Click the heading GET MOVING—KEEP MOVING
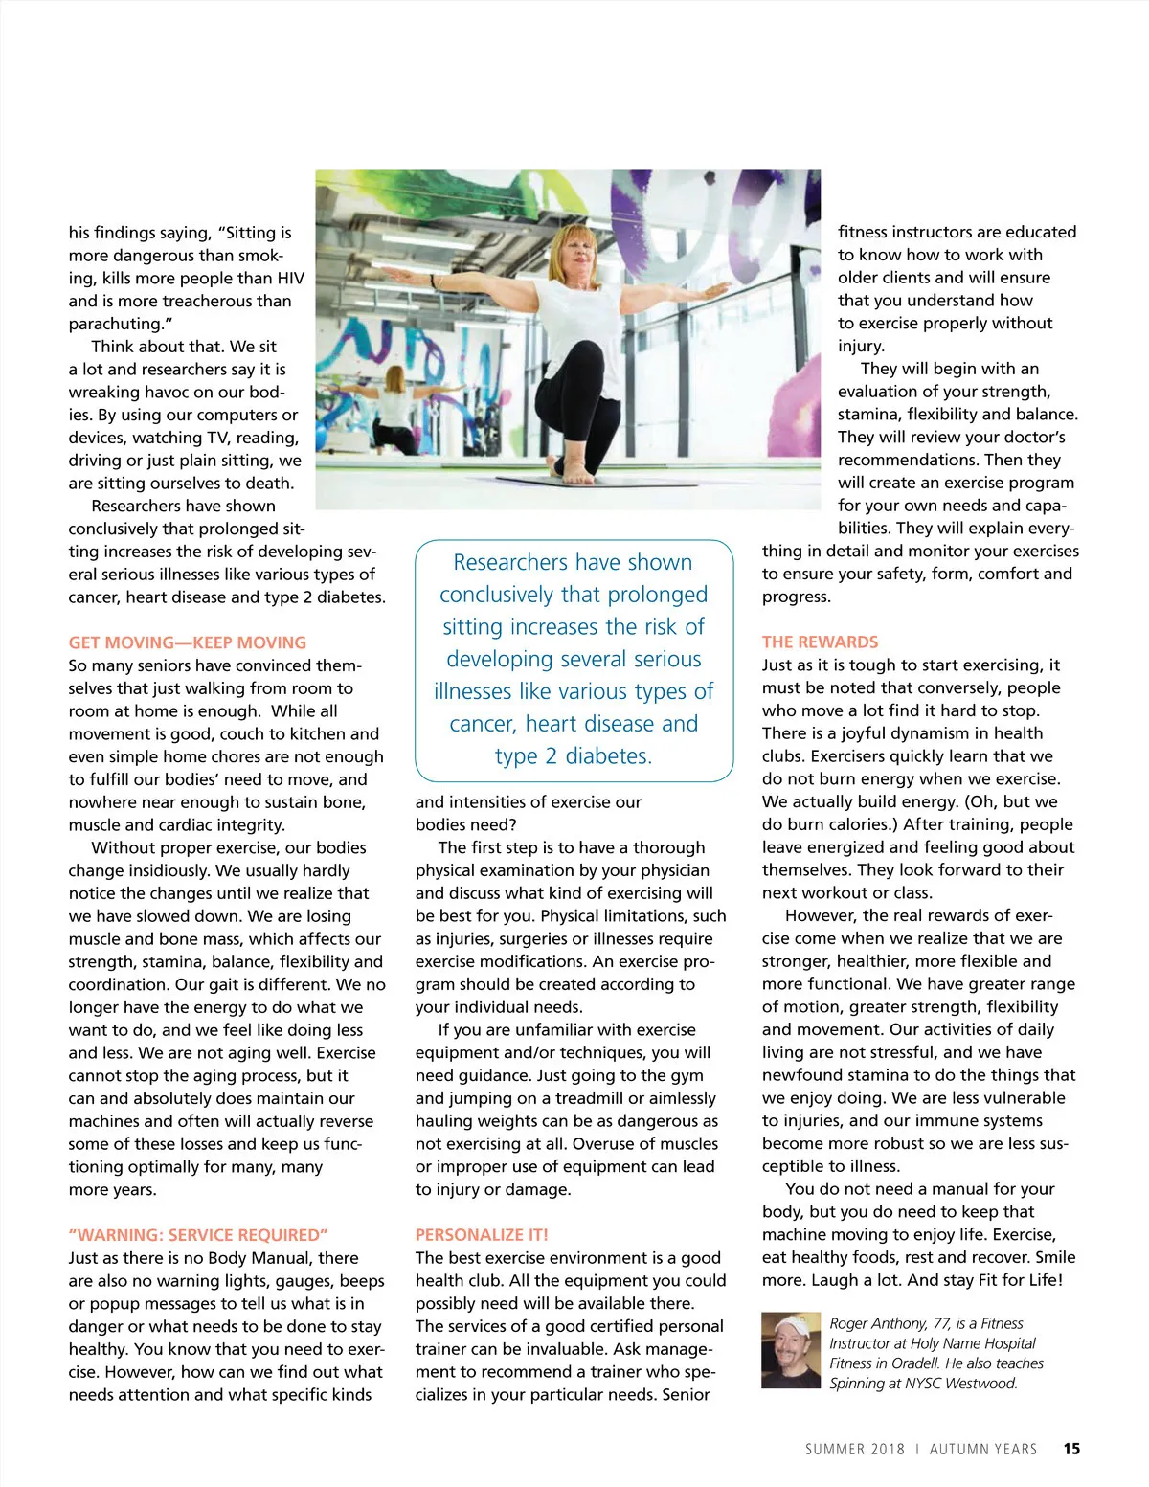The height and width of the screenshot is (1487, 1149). [188, 642]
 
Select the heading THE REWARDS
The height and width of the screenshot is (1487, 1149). [820, 642]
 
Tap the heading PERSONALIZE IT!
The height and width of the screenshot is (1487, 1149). [482, 1235]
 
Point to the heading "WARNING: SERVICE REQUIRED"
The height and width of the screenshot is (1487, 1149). [198, 1235]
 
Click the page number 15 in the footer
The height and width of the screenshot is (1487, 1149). [1071, 1449]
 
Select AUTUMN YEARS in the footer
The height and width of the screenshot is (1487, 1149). [983, 1450]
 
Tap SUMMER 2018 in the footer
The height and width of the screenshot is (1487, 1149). [854, 1450]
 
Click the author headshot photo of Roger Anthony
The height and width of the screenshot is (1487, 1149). [791, 1350]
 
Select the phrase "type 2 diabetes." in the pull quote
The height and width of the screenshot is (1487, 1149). [573, 756]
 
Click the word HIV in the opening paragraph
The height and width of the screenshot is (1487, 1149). [288, 278]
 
